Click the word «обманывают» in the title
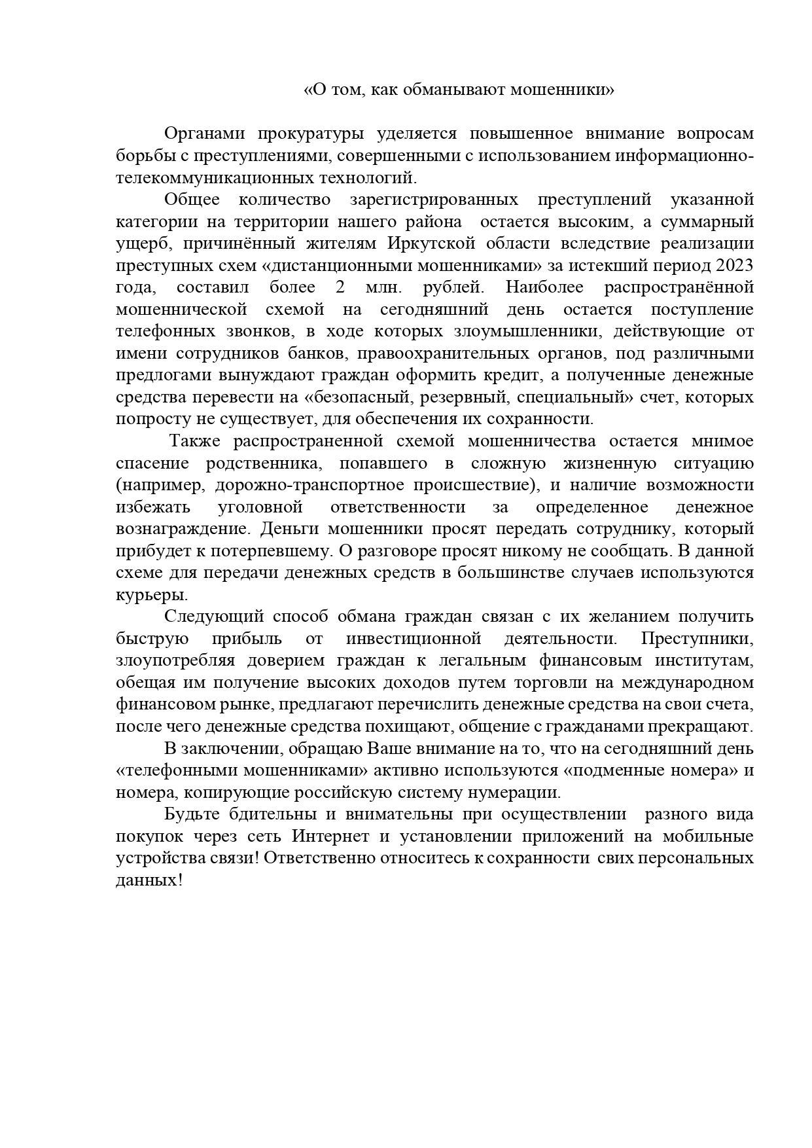pyautogui.click(x=459, y=90)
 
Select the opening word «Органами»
pyautogui.click(x=204, y=134)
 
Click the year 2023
pyautogui.click(x=735, y=266)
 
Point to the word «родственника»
pyautogui.click(x=263, y=463)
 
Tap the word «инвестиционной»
pyautogui.click(x=414, y=639)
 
